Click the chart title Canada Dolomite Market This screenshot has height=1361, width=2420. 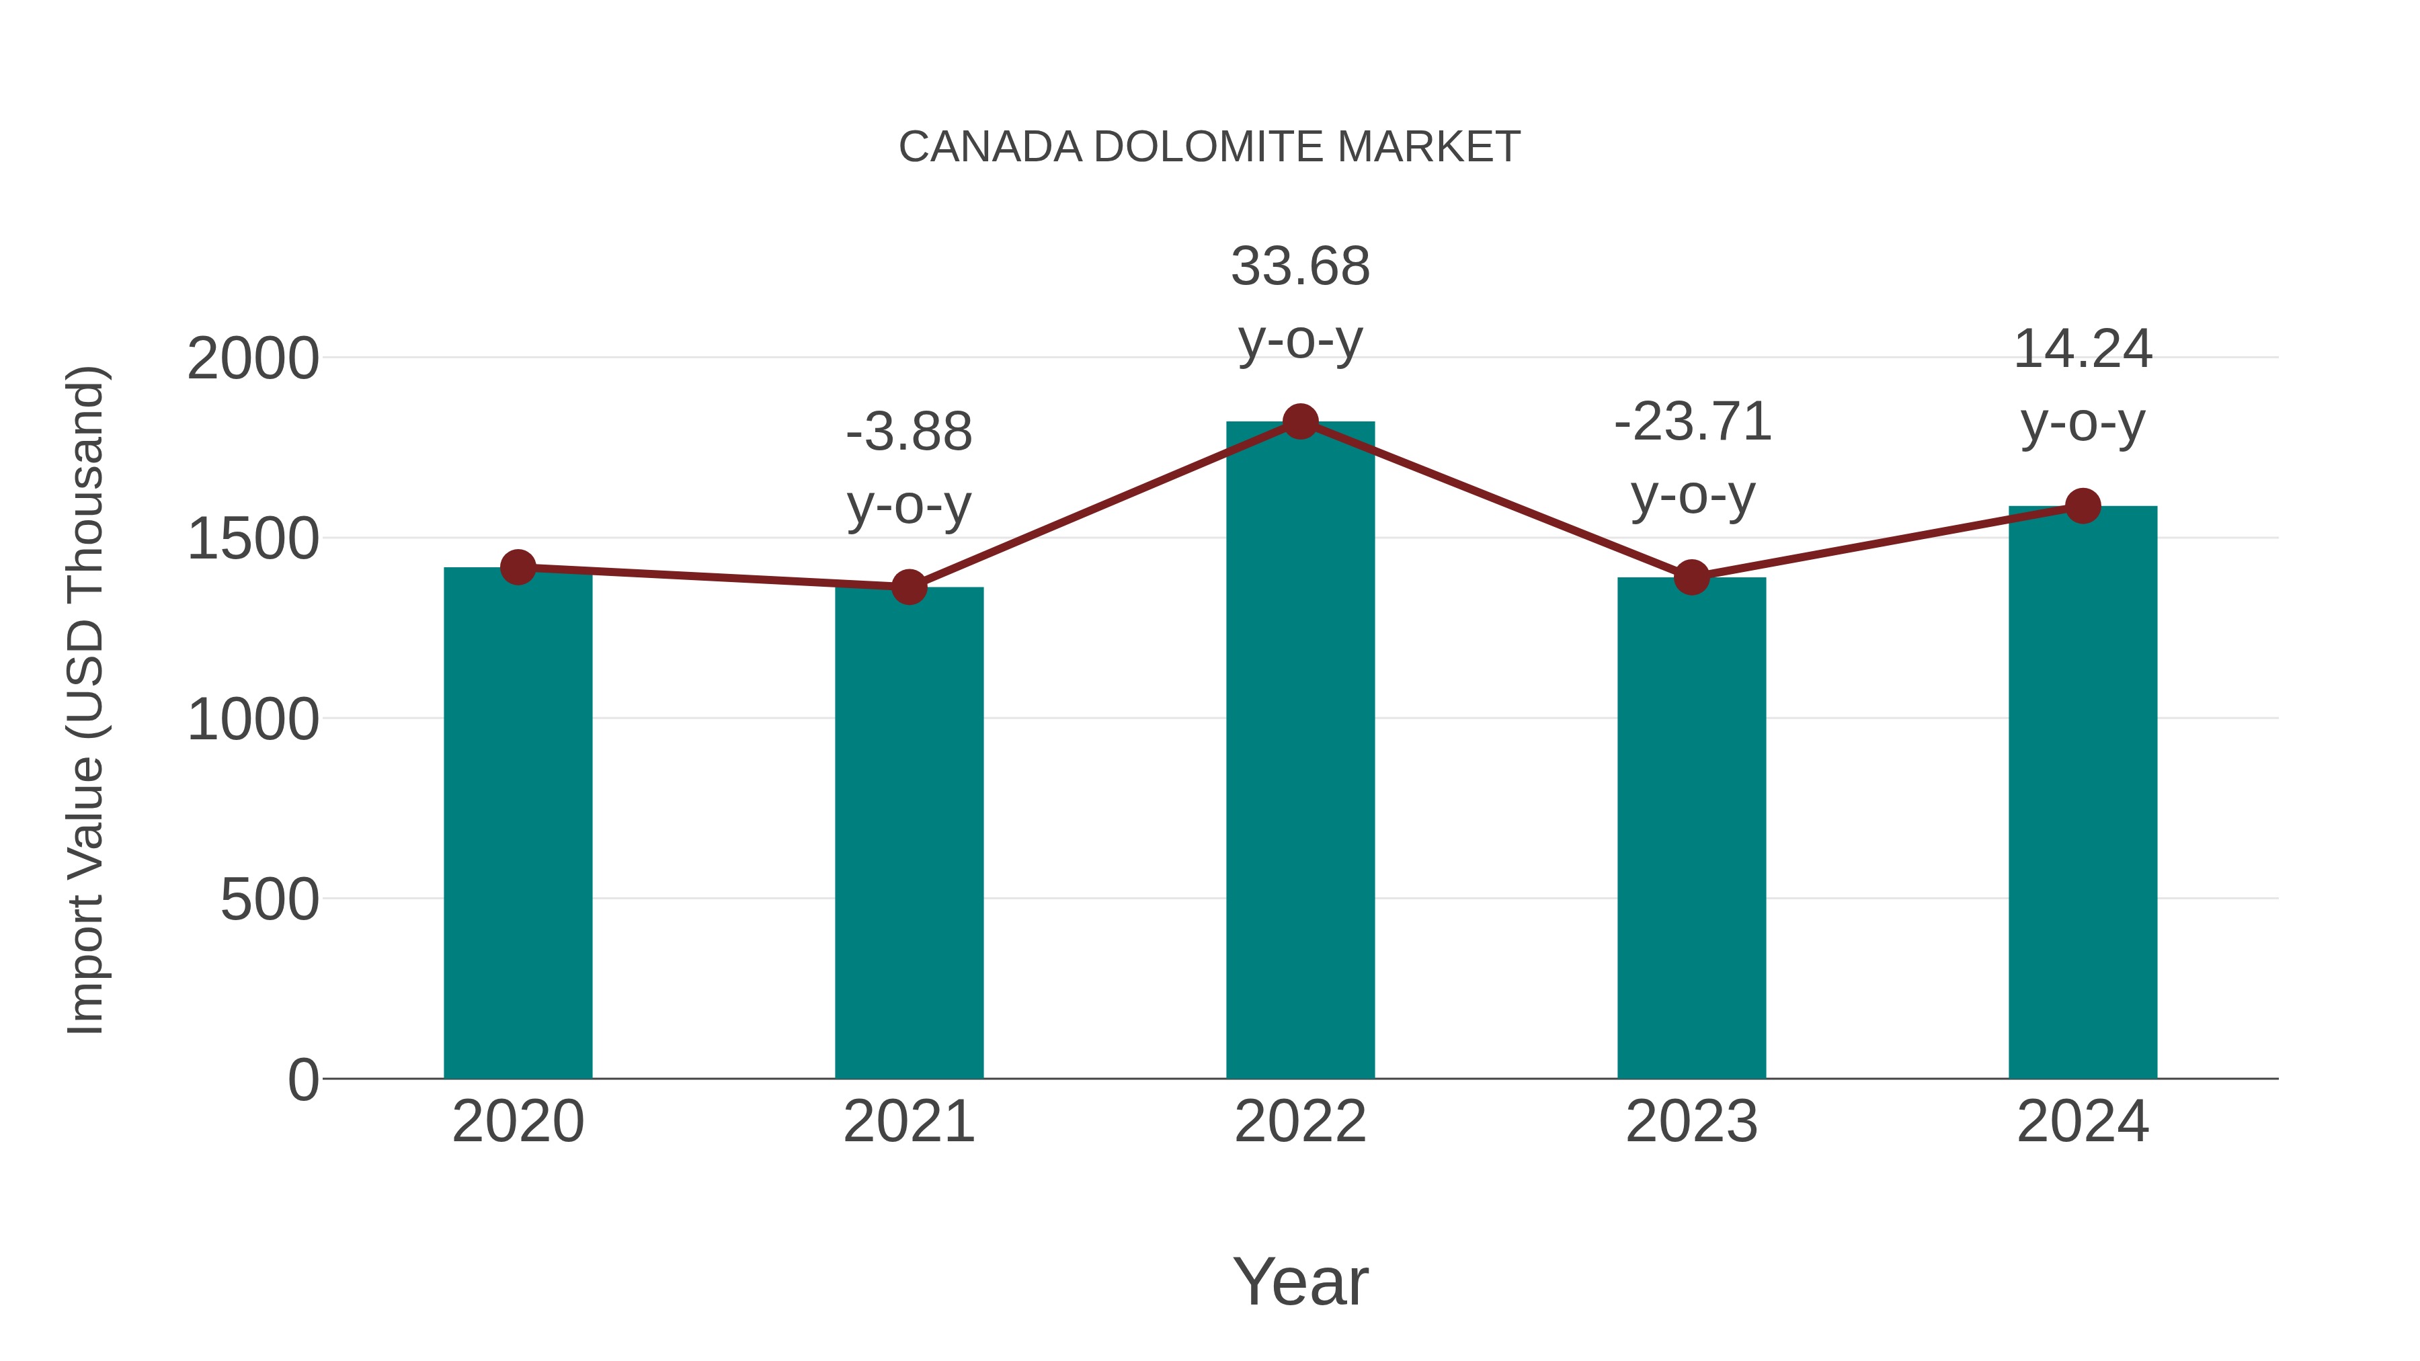tap(1209, 147)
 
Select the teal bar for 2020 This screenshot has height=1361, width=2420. tap(518, 827)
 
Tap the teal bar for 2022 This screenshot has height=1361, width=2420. tap(1300, 751)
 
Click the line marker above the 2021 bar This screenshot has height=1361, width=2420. tap(908, 587)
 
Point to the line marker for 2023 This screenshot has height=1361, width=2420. tap(1691, 577)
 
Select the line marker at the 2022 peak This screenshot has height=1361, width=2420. tap(1300, 421)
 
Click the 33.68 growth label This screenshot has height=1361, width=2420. tap(1300, 267)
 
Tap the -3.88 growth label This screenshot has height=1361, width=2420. tap(908, 433)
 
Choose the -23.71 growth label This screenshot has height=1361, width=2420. tap(1692, 421)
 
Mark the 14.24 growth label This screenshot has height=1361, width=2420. tap(2083, 350)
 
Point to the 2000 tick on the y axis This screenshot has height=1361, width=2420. tap(253, 359)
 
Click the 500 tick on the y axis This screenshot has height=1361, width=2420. tap(270, 900)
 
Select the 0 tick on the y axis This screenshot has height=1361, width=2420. tap(303, 1080)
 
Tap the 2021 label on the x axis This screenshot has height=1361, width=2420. tap(908, 1122)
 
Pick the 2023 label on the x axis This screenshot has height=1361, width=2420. tap(1691, 1122)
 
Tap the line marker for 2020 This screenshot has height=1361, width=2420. tap(518, 567)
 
